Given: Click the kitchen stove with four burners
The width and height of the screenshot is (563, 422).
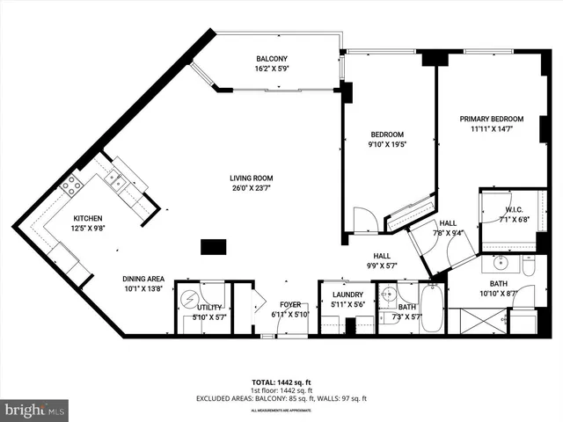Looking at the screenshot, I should [x=71, y=185].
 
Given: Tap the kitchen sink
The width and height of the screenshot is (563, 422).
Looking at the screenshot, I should [x=113, y=181].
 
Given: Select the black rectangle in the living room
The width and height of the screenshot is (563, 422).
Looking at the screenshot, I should [x=213, y=247].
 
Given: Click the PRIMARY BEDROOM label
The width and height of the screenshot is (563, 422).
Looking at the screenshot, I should [x=491, y=119].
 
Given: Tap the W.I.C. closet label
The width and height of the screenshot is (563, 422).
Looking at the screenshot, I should [x=515, y=209].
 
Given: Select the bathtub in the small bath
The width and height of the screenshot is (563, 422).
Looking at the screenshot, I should [x=432, y=309].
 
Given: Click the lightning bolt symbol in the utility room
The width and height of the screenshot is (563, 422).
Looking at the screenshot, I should [x=188, y=297].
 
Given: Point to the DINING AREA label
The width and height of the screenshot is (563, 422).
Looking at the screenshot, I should [x=144, y=279].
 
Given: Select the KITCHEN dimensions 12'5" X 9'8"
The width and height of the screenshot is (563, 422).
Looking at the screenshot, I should [x=87, y=229].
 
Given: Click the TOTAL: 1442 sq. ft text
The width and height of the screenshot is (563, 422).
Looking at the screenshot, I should [x=281, y=383].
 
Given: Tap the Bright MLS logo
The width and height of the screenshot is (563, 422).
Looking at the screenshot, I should [x=34, y=410].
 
